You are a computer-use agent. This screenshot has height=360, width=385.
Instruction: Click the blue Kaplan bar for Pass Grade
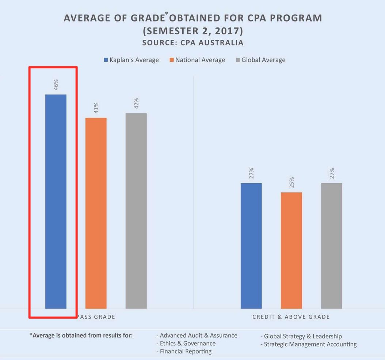point(56,201)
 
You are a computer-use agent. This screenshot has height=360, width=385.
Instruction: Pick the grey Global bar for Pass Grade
point(136,211)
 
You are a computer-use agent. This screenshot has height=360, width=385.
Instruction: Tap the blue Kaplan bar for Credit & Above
point(251,246)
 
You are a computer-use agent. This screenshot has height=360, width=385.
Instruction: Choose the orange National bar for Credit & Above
point(291,250)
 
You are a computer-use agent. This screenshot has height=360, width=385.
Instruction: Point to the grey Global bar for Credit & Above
point(332,246)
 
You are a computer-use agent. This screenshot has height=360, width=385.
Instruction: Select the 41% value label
point(96,108)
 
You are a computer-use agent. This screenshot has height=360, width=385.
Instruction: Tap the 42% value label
point(136,103)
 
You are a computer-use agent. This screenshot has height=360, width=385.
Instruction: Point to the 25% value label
point(291,182)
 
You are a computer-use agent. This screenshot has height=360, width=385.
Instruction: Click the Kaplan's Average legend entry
point(131,60)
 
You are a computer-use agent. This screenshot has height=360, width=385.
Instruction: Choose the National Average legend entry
point(197,60)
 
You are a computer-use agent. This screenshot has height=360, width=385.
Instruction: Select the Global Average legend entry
point(260,60)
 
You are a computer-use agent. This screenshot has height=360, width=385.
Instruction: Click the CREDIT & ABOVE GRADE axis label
point(291,317)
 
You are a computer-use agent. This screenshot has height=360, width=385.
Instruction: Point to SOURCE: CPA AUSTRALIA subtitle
point(192,43)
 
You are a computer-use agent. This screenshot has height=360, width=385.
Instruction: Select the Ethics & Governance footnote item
point(187,343)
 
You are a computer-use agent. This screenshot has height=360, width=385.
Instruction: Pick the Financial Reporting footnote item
point(186,351)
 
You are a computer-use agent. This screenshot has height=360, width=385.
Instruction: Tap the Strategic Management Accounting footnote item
point(310,344)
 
